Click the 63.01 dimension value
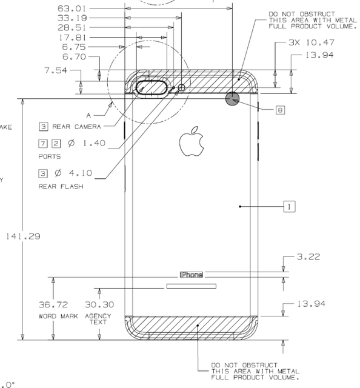click(72, 8)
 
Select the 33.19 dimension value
click(72, 18)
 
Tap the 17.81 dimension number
click(72, 37)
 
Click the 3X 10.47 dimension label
click(312, 44)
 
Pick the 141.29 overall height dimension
click(24, 236)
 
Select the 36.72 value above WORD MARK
click(53, 304)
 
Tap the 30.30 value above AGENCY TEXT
click(99, 304)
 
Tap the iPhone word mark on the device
click(192, 275)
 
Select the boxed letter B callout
click(280, 110)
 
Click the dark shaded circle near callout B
click(233, 98)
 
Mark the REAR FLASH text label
click(60, 187)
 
